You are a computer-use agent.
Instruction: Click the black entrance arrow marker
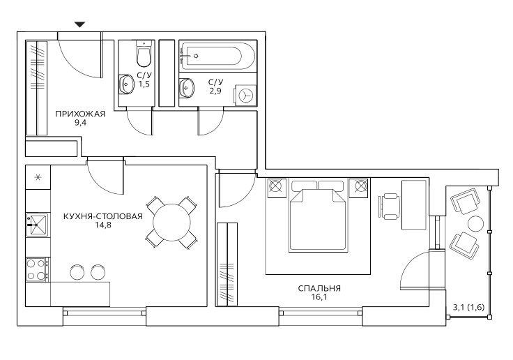80,24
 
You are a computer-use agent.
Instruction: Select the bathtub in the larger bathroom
217,56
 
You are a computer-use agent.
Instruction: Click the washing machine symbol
245,96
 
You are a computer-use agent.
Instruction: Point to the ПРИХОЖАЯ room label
80,114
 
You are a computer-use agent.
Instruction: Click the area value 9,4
80,123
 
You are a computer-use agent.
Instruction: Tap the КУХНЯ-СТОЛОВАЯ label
103,216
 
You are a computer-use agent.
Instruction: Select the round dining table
171,223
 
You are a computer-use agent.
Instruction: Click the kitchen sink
38,225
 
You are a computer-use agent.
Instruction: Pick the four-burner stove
37,269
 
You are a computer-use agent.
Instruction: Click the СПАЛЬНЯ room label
319,288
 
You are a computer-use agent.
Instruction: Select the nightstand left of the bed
277,188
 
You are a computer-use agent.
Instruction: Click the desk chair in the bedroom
389,207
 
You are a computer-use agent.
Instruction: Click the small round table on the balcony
475,224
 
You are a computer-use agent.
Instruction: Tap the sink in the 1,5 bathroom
126,84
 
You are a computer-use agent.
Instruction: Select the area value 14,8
103,225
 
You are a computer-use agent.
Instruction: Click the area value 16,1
319,297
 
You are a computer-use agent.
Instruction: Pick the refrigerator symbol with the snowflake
38,177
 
